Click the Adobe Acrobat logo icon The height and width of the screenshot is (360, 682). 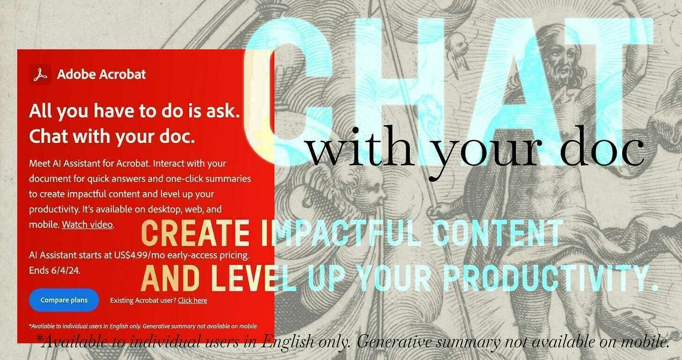point(40,75)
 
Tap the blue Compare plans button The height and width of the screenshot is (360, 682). point(64,300)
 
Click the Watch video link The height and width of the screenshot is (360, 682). point(88,225)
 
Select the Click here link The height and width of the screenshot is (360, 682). point(193,300)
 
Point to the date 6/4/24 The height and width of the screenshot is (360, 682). point(65,270)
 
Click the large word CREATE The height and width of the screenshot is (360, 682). point(195,233)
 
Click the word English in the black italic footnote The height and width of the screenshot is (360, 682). point(288,342)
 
